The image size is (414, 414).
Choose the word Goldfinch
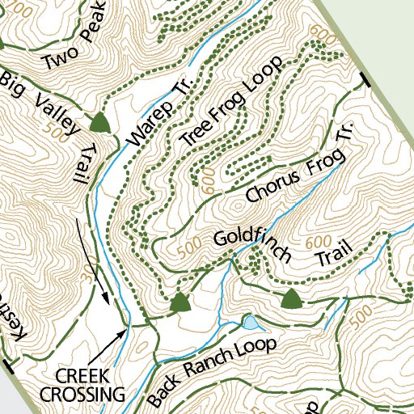[x=251, y=243]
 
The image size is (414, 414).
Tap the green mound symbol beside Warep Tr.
[x=99, y=122]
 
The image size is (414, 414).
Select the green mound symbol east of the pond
[x=291, y=299]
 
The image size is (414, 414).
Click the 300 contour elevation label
[x=87, y=274]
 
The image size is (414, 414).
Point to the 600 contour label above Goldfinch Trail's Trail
[x=320, y=242]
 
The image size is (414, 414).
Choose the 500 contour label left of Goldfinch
[x=188, y=249]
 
